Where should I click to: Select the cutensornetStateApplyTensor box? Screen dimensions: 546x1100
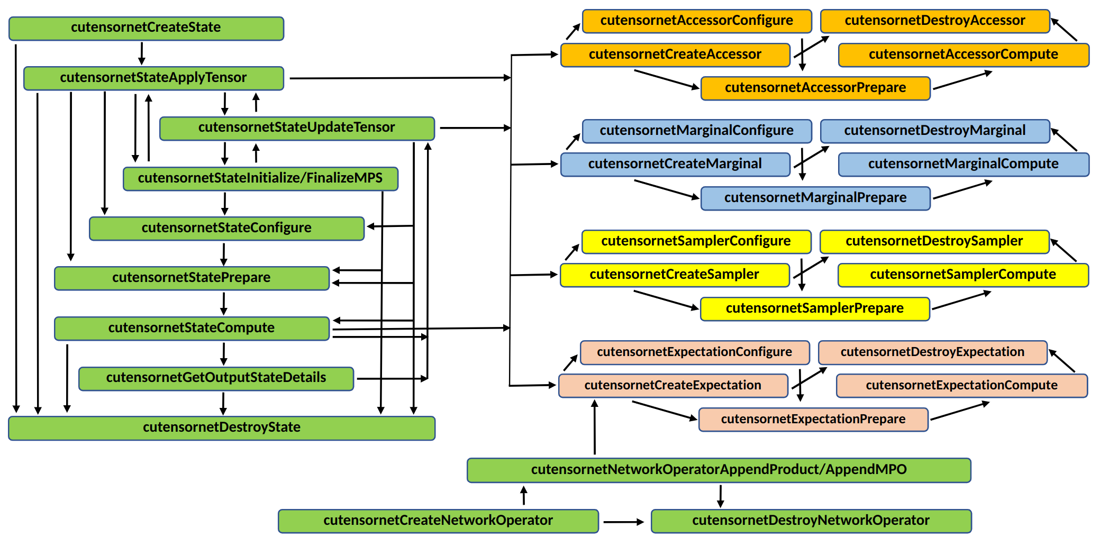153,78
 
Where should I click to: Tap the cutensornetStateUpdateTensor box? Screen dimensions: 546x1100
297,129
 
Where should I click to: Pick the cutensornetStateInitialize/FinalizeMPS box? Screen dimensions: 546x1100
260,179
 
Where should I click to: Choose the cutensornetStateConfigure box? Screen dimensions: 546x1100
226,229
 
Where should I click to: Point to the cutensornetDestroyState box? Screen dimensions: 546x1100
222,428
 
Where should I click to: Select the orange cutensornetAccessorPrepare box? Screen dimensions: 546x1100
815,88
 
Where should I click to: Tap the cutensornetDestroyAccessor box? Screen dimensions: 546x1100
935,21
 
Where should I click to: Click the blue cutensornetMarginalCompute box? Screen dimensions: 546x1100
963,165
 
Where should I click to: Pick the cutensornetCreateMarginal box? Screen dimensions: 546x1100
675,165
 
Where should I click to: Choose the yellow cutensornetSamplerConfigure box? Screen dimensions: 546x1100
696,242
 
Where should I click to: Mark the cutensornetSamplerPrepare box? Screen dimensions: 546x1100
815,309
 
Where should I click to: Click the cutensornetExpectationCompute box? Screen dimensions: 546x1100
961,386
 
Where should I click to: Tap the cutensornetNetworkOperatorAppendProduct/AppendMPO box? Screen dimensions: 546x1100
719,470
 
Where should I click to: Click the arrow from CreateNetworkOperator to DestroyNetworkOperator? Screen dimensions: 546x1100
623,522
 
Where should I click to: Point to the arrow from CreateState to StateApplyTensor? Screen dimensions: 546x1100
141,53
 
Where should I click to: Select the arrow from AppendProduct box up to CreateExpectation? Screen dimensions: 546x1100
595,426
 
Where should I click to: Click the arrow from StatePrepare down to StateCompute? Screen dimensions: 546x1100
224,304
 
